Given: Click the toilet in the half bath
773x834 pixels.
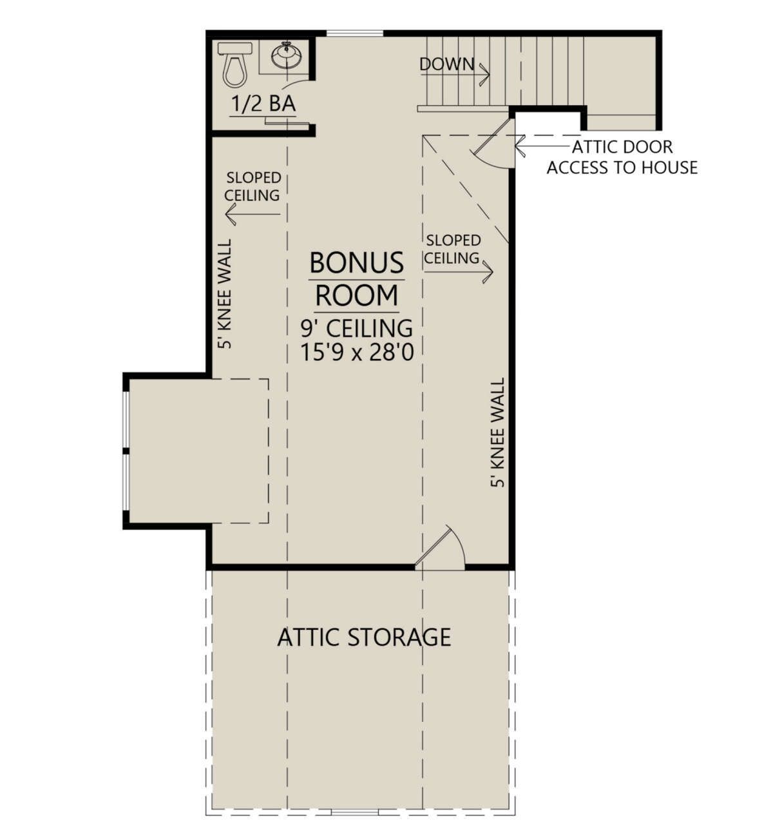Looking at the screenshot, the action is click(234, 64).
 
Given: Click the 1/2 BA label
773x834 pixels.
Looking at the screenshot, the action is click(263, 104).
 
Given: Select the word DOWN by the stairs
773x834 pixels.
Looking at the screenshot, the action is click(447, 64).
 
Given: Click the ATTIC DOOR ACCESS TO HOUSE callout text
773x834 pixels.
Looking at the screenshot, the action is click(622, 157).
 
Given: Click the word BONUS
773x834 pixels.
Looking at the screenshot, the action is click(356, 262).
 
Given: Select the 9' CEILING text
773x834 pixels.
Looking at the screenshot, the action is click(357, 329).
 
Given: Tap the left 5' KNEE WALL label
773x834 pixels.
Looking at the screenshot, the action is click(225, 294).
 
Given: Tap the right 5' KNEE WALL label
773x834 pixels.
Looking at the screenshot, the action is click(497, 432).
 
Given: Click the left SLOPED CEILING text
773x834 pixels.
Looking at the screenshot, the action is click(253, 186).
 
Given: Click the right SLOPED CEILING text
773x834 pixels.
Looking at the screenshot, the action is click(453, 249).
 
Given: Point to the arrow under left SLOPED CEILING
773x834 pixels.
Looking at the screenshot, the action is click(253, 214).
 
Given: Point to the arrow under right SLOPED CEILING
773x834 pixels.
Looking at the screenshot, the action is click(459, 272).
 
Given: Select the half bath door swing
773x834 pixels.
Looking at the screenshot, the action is click(296, 84).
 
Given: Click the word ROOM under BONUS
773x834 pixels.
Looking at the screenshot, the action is click(356, 296).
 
